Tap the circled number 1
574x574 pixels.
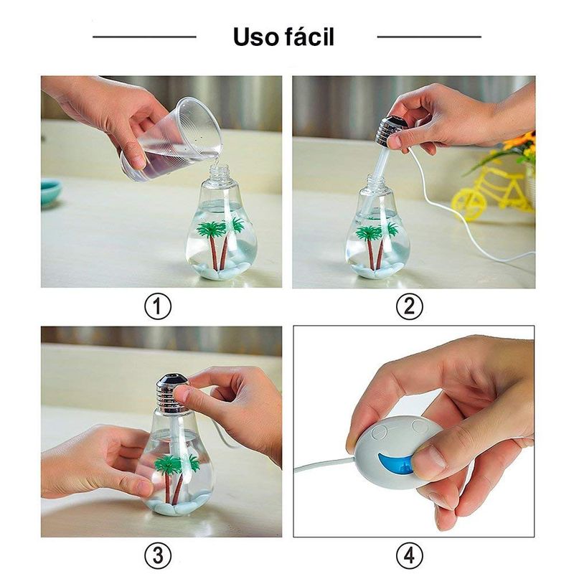tap(158, 307)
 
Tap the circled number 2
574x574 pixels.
tap(410, 307)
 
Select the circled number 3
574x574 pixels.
tap(158, 555)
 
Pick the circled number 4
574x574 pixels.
tap(410, 555)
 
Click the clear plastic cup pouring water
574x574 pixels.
tap(172, 139)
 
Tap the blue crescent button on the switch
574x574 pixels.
tap(395, 463)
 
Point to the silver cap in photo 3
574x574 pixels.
tap(172, 393)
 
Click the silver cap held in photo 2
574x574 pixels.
tap(390, 131)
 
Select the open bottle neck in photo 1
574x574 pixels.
tap(220, 175)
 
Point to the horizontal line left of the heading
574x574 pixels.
tap(145, 37)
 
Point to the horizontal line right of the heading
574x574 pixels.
tap(429, 37)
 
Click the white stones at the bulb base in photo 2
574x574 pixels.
tap(377, 269)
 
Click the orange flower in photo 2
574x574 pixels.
tap(519, 141)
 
